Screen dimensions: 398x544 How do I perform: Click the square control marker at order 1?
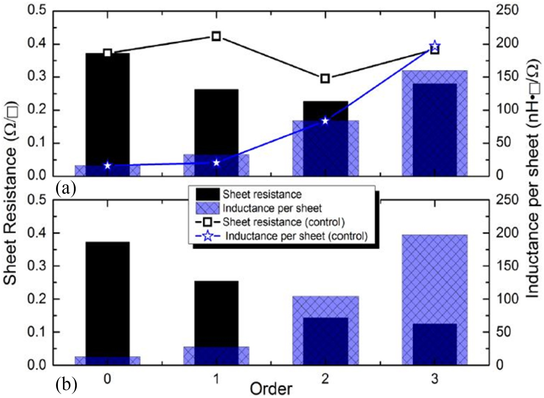[216, 37]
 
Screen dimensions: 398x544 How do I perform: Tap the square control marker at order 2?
[325, 79]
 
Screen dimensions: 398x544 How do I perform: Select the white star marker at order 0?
[108, 166]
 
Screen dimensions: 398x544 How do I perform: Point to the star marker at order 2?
[325, 121]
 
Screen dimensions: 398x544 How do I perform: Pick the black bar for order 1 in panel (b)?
[216, 311]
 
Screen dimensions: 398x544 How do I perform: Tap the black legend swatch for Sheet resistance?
[207, 194]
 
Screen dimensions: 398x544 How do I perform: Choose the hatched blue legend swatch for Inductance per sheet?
[207, 208]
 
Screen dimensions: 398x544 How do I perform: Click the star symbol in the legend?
[208, 236]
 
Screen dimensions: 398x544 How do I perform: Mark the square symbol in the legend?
[207, 222]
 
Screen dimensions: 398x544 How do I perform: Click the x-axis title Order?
[271, 389]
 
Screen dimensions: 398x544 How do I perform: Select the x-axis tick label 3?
[434, 379]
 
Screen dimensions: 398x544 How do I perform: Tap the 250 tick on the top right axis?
[507, 10]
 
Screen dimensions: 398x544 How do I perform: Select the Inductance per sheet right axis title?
[533, 179]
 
